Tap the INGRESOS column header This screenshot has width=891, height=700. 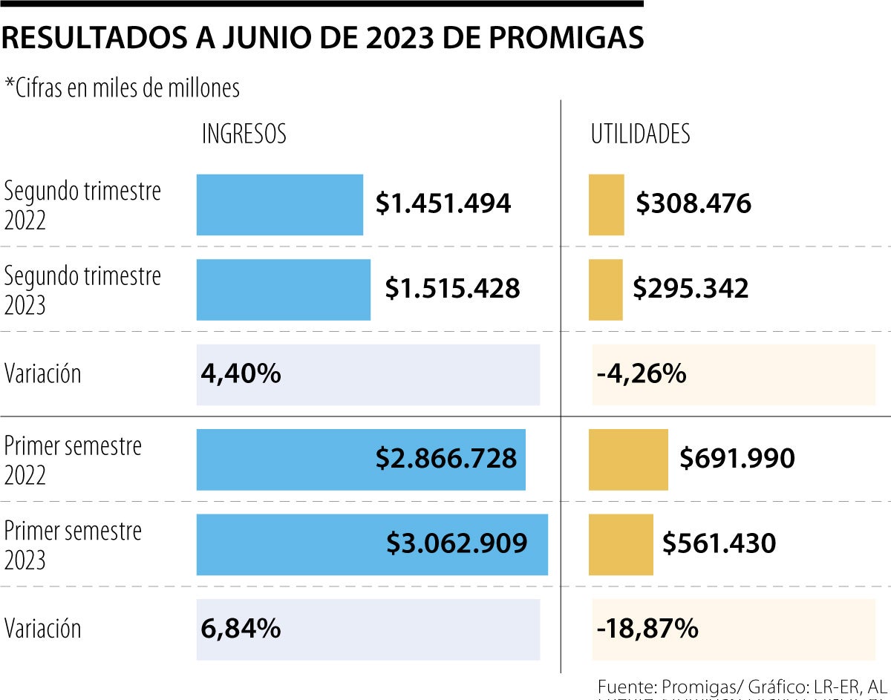point(244,134)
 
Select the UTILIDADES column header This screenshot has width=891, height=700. point(640,134)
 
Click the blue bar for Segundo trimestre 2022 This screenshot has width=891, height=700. point(279,205)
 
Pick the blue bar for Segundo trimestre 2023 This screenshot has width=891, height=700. point(283,290)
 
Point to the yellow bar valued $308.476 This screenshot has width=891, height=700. point(606,205)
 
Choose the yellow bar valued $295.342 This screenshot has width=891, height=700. point(605,290)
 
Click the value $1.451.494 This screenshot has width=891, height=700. point(443,203)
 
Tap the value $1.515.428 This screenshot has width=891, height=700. point(452,289)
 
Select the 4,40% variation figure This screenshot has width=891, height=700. point(241,373)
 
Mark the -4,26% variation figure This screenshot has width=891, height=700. point(641,374)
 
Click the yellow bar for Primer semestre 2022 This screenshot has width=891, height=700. point(628,459)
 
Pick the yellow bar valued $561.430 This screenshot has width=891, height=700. point(621,544)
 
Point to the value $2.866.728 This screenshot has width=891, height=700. point(446,459)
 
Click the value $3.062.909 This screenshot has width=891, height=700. point(457,543)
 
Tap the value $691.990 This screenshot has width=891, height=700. point(737,459)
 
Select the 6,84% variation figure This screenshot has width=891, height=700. point(241,629)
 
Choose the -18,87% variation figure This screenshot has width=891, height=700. point(647,629)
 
